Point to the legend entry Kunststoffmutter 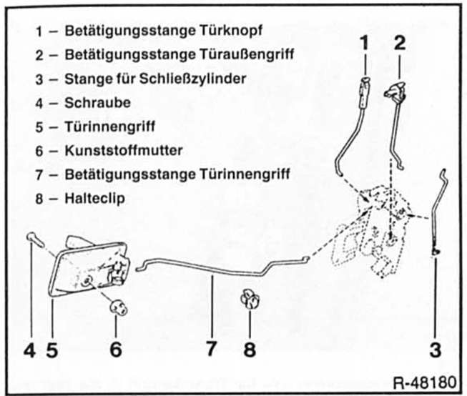(x=123, y=150)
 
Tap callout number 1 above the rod (x=364, y=42)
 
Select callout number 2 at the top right (x=400, y=42)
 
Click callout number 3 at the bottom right (x=435, y=350)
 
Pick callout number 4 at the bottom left (x=29, y=350)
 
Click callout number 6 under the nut (x=116, y=350)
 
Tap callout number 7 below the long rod (x=212, y=350)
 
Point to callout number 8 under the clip (x=248, y=350)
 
